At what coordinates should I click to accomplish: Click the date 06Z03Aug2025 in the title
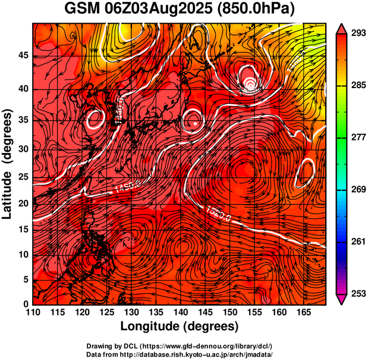pyautogui.click(x=163, y=10)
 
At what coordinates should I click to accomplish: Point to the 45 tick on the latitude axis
pyautogui.click(x=23, y=55)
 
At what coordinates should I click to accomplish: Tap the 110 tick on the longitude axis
pyautogui.click(x=33, y=312)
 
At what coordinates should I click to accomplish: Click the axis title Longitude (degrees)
pyautogui.click(x=180, y=326)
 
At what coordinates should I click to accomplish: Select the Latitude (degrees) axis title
pyautogui.click(x=8, y=164)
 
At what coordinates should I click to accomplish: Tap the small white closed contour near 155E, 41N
pyautogui.click(x=251, y=83)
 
